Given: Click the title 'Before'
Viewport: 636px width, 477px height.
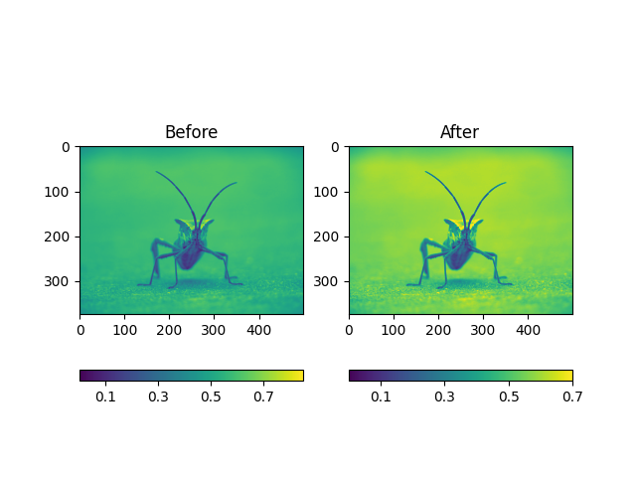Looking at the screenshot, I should (191, 132).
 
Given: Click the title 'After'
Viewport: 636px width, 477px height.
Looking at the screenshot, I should (460, 132).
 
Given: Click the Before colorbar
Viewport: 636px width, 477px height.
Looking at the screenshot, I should (191, 376).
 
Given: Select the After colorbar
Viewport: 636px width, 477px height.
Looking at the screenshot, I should (460, 376).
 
